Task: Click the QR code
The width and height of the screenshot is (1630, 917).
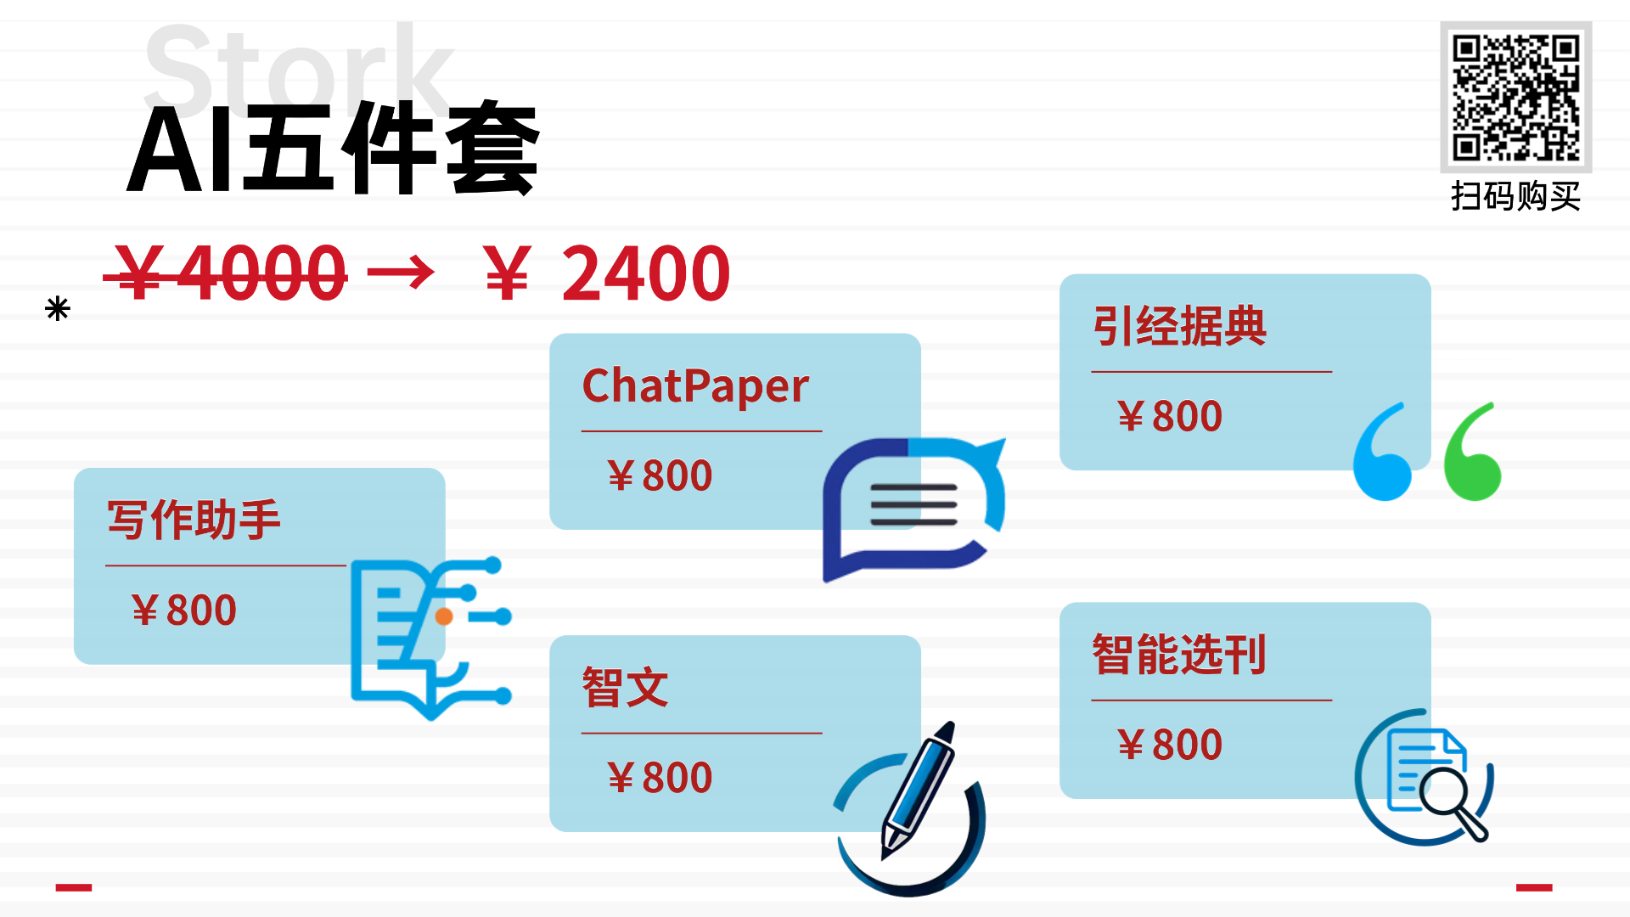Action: (x=1515, y=97)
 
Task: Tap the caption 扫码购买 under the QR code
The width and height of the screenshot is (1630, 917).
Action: (x=1515, y=197)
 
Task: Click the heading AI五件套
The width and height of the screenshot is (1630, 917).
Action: (x=333, y=149)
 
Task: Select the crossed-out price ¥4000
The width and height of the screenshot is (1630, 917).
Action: (x=226, y=273)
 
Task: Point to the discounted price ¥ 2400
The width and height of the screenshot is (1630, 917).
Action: (x=606, y=273)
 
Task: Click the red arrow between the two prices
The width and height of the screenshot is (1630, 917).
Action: (x=401, y=273)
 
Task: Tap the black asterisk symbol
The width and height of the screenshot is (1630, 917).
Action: (x=58, y=308)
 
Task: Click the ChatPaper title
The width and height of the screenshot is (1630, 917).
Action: (x=695, y=386)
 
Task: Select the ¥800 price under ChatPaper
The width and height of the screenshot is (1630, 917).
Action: (x=660, y=475)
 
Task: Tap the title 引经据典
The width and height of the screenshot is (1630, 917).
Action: (x=1179, y=326)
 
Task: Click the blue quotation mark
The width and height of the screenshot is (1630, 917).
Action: (x=1382, y=453)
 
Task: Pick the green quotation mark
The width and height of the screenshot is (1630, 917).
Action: (x=1473, y=453)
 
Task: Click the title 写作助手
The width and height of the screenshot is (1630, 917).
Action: (x=194, y=520)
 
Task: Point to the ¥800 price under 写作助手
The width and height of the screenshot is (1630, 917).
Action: (x=184, y=610)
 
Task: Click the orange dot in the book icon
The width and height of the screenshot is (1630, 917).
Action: (x=443, y=616)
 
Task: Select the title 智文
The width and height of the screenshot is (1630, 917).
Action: (x=625, y=688)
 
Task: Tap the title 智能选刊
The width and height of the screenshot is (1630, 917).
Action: (x=1179, y=655)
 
